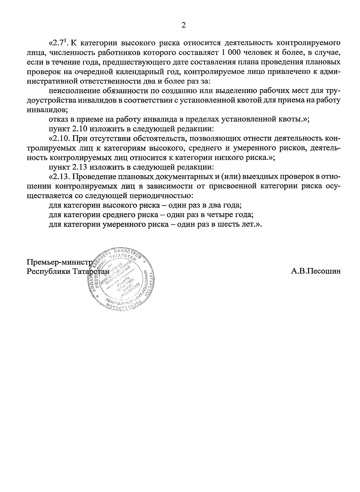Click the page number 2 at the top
point(184,25)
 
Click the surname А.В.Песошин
point(316,271)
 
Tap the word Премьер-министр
point(59,262)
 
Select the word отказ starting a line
point(58,120)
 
